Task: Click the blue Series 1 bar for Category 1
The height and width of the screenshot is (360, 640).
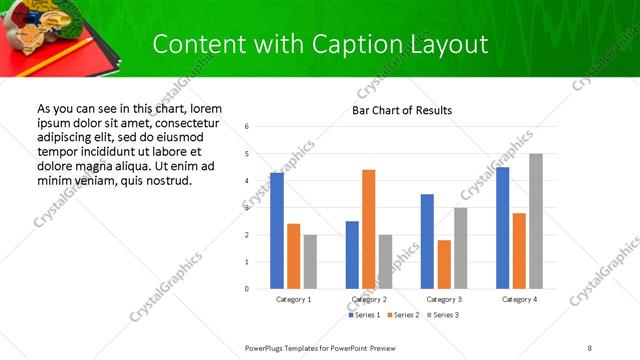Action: click(x=277, y=231)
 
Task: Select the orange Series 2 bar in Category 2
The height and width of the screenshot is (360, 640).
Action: click(x=369, y=229)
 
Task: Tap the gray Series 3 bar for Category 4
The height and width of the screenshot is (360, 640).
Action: click(x=536, y=221)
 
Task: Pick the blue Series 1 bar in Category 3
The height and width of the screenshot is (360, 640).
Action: click(x=427, y=241)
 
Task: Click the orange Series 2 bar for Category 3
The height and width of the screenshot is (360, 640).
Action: click(x=444, y=264)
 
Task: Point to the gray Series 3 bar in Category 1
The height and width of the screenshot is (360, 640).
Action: click(x=310, y=262)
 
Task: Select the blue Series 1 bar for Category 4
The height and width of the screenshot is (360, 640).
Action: click(x=502, y=228)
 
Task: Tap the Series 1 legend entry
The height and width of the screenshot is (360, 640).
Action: click(x=364, y=315)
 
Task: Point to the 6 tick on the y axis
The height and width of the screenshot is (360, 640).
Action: click(x=247, y=127)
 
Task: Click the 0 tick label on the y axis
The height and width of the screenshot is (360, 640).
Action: click(x=247, y=289)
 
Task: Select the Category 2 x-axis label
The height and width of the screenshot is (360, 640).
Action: click(x=369, y=300)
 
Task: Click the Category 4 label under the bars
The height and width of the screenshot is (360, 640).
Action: click(x=519, y=300)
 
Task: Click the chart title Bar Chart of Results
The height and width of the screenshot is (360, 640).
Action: click(x=402, y=110)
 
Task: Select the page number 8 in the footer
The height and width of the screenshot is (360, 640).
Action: click(x=590, y=347)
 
